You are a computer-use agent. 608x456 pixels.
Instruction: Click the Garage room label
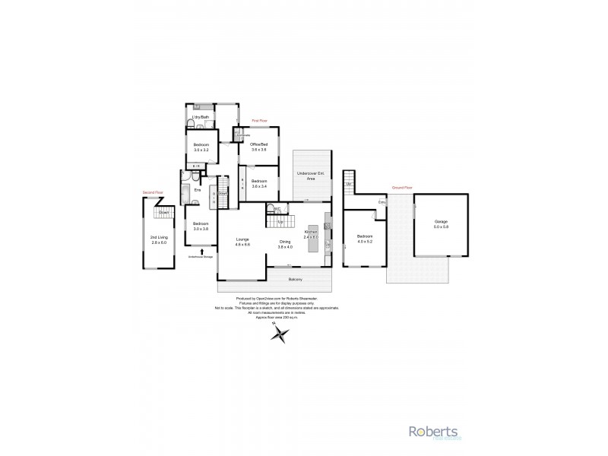coord(442,222)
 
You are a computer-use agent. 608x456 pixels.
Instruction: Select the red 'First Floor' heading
coord(261,121)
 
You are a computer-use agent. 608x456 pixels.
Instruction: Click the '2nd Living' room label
coord(158,237)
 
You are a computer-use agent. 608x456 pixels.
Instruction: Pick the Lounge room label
coord(242,239)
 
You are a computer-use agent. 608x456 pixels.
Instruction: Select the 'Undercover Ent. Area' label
coord(306,176)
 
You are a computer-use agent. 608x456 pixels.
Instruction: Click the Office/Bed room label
coord(258,144)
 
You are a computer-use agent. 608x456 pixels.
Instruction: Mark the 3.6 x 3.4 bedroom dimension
coord(261,186)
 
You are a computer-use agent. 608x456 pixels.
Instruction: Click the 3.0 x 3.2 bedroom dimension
coord(201,150)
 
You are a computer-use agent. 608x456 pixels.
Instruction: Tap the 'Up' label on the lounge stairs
coord(280,222)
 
